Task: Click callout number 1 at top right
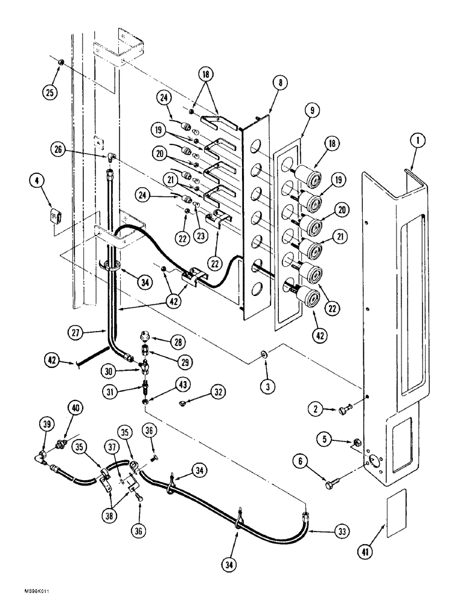click(x=418, y=141)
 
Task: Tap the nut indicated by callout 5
click(x=357, y=442)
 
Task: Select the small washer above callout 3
click(x=266, y=353)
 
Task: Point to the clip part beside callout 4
click(x=56, y=215)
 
